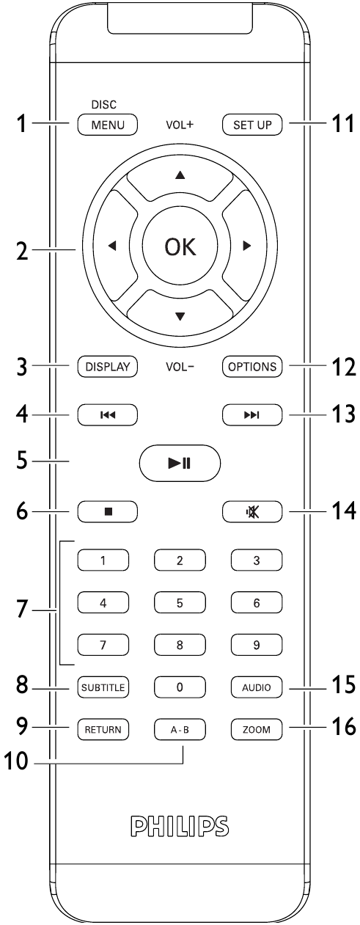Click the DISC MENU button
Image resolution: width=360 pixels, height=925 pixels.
click(x=107, y=124)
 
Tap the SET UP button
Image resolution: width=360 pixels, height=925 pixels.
click(x=252, y=124)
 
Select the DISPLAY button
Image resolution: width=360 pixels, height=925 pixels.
click(x=107, y=366)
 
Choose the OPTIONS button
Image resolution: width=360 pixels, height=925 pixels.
click(x=252, y=366)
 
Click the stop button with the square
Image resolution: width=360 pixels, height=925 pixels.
click(x=107, y=511)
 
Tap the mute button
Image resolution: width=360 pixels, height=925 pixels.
click(x=252, y=511)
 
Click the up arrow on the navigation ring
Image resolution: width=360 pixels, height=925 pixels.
click(x=180, y=175)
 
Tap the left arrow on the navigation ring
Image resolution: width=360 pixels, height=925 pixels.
click(x=112, y=246)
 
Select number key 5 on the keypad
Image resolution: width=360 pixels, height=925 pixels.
click(x=180, y=602)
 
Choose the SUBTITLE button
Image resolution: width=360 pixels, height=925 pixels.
click(x=103, y=687)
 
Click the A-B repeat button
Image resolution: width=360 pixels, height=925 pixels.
click(x=180, y=730)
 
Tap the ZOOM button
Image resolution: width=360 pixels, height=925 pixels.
click(x=257, y=730)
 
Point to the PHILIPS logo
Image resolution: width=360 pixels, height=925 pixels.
click(x=180, y=826)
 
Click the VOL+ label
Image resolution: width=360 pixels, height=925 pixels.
click(x=180, y=125)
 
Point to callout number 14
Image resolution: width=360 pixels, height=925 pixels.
click(x=342, y=511)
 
